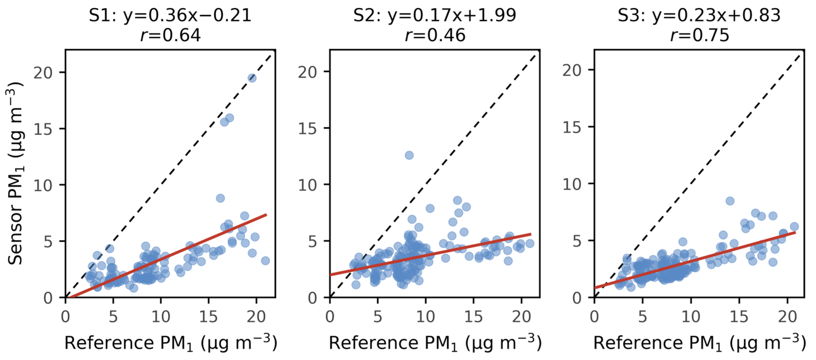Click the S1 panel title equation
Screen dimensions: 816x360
[170, 15]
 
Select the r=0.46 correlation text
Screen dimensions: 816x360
[435, 35]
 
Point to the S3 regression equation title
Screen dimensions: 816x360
[699, 15]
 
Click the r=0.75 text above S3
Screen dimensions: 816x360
[700, 35]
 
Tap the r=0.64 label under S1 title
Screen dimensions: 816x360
[170, 35]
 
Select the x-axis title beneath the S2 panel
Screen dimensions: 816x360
[435, 343]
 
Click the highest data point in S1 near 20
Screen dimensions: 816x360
[252, 78]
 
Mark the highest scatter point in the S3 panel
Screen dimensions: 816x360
[730, 201]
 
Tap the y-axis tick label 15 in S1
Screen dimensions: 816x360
[43, 129]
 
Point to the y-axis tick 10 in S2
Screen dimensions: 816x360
[307, 185]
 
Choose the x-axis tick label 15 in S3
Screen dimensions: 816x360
[739, 317]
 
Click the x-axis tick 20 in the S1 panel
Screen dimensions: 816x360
[256, 317]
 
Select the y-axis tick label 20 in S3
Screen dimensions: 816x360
[572, 70]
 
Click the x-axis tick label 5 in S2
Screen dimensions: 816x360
[378, 317]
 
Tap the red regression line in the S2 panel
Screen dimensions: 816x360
[430, 254]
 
